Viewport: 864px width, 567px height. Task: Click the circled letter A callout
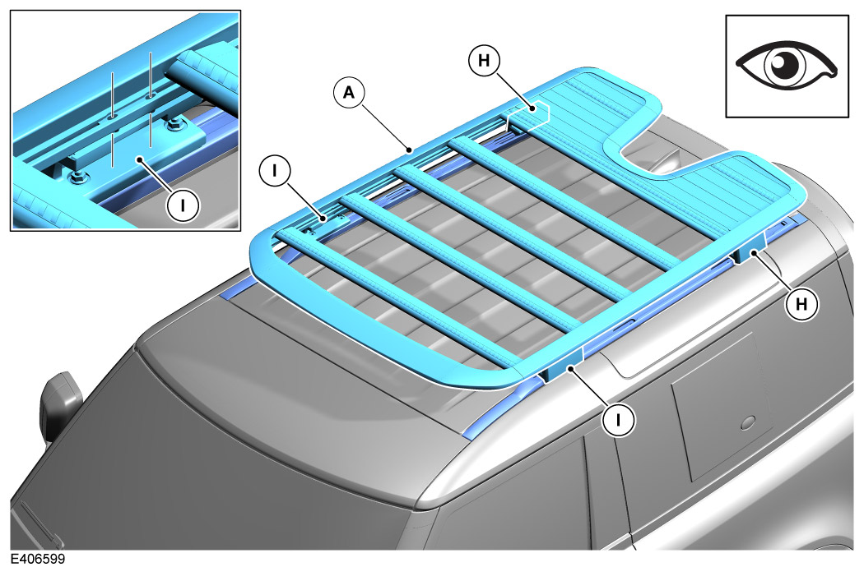point(350,93)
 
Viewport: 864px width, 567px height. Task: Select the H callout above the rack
point(484,60)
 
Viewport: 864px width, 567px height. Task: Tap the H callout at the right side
point(801,303)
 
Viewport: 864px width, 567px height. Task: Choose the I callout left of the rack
point(274,172)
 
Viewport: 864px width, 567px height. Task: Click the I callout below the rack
point(618,420)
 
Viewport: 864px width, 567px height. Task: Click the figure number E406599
point(38,559)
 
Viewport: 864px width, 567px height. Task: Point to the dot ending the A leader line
point(409,150)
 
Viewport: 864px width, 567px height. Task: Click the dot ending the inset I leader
point(141,159)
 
